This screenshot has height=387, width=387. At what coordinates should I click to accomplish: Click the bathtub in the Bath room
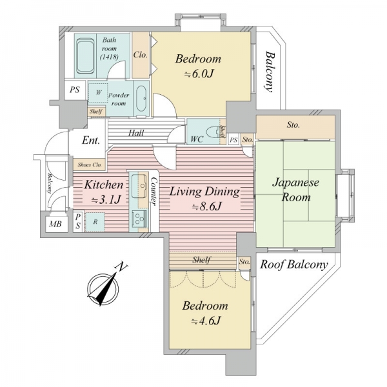pos(85,56)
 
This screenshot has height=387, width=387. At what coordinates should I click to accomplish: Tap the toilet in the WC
pos(213,132)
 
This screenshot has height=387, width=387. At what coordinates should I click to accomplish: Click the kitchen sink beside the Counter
pos(139,186)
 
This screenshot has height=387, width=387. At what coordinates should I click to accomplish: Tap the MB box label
pos(55,224)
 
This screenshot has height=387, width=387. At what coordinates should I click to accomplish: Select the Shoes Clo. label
pos(90,164)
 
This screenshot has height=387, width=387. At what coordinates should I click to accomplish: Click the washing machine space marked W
pos(98,92)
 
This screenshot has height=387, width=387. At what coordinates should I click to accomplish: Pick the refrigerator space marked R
pos(95,222)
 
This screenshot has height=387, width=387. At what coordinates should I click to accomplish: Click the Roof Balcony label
pos(294,264)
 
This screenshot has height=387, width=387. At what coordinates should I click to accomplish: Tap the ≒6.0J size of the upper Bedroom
pos(198,74)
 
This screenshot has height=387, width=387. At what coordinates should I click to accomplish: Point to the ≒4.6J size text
pos(205,321)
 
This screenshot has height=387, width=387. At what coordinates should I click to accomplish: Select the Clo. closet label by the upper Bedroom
pos(140,55)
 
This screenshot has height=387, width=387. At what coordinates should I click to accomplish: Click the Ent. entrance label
pos(91,140)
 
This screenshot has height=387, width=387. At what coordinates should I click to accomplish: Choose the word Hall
pos(136,133)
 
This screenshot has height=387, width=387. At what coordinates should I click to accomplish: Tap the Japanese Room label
pos(295,190)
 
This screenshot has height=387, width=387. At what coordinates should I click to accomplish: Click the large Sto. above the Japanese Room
pos(293,125)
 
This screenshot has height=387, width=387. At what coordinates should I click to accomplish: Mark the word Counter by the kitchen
pos(154,192)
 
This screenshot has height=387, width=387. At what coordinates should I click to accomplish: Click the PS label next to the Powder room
pos(75,90)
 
